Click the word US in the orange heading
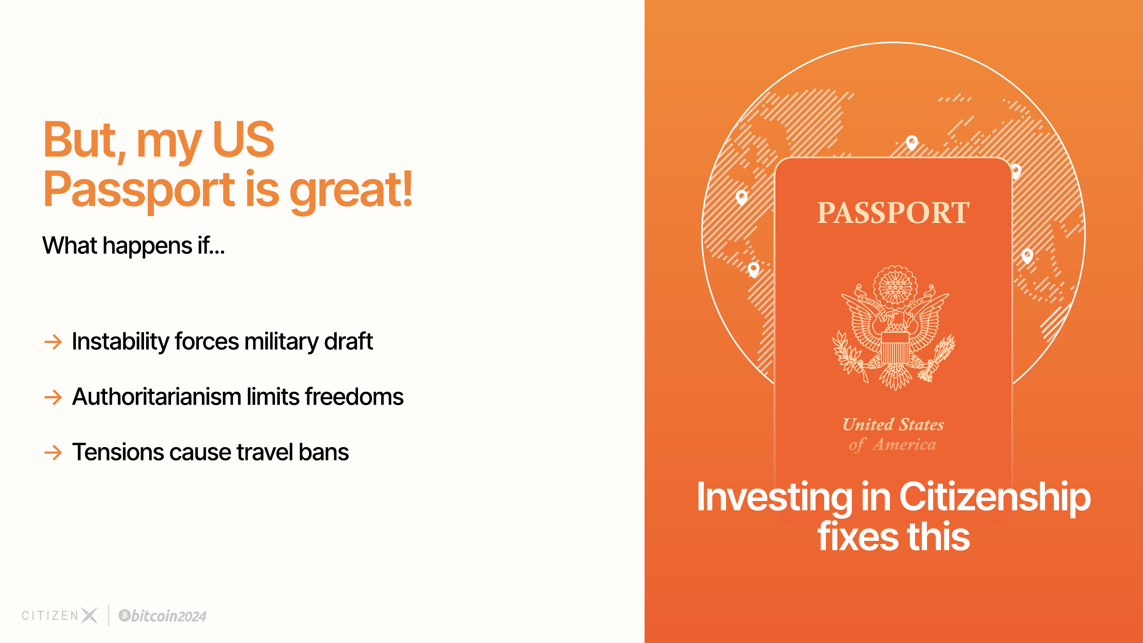click(x=243, y=139)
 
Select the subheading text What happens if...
click(x=133, y=245)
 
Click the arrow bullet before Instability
click(x=53, y=342)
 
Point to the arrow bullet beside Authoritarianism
click(x=53, y=397)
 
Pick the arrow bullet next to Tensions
click(x=53, y=453)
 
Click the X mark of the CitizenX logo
click(x=89, y=616)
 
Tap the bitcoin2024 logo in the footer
click(x=162, y=616)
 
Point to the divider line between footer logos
click(x=109, y=616)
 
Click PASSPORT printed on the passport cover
click(x=893, y=213)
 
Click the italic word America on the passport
click(x=904, y=445)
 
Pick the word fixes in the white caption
click(x=858, y=537)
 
